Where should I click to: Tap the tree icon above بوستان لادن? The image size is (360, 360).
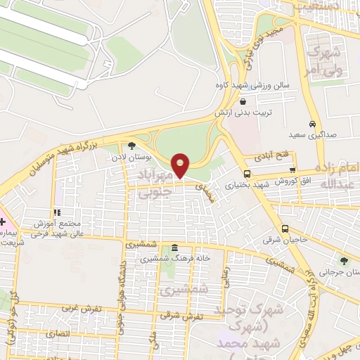click(x=131, y=146)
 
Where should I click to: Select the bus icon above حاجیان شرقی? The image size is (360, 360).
click(x=285, y=229)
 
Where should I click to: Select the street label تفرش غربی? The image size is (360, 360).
click(x=76, y=308)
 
